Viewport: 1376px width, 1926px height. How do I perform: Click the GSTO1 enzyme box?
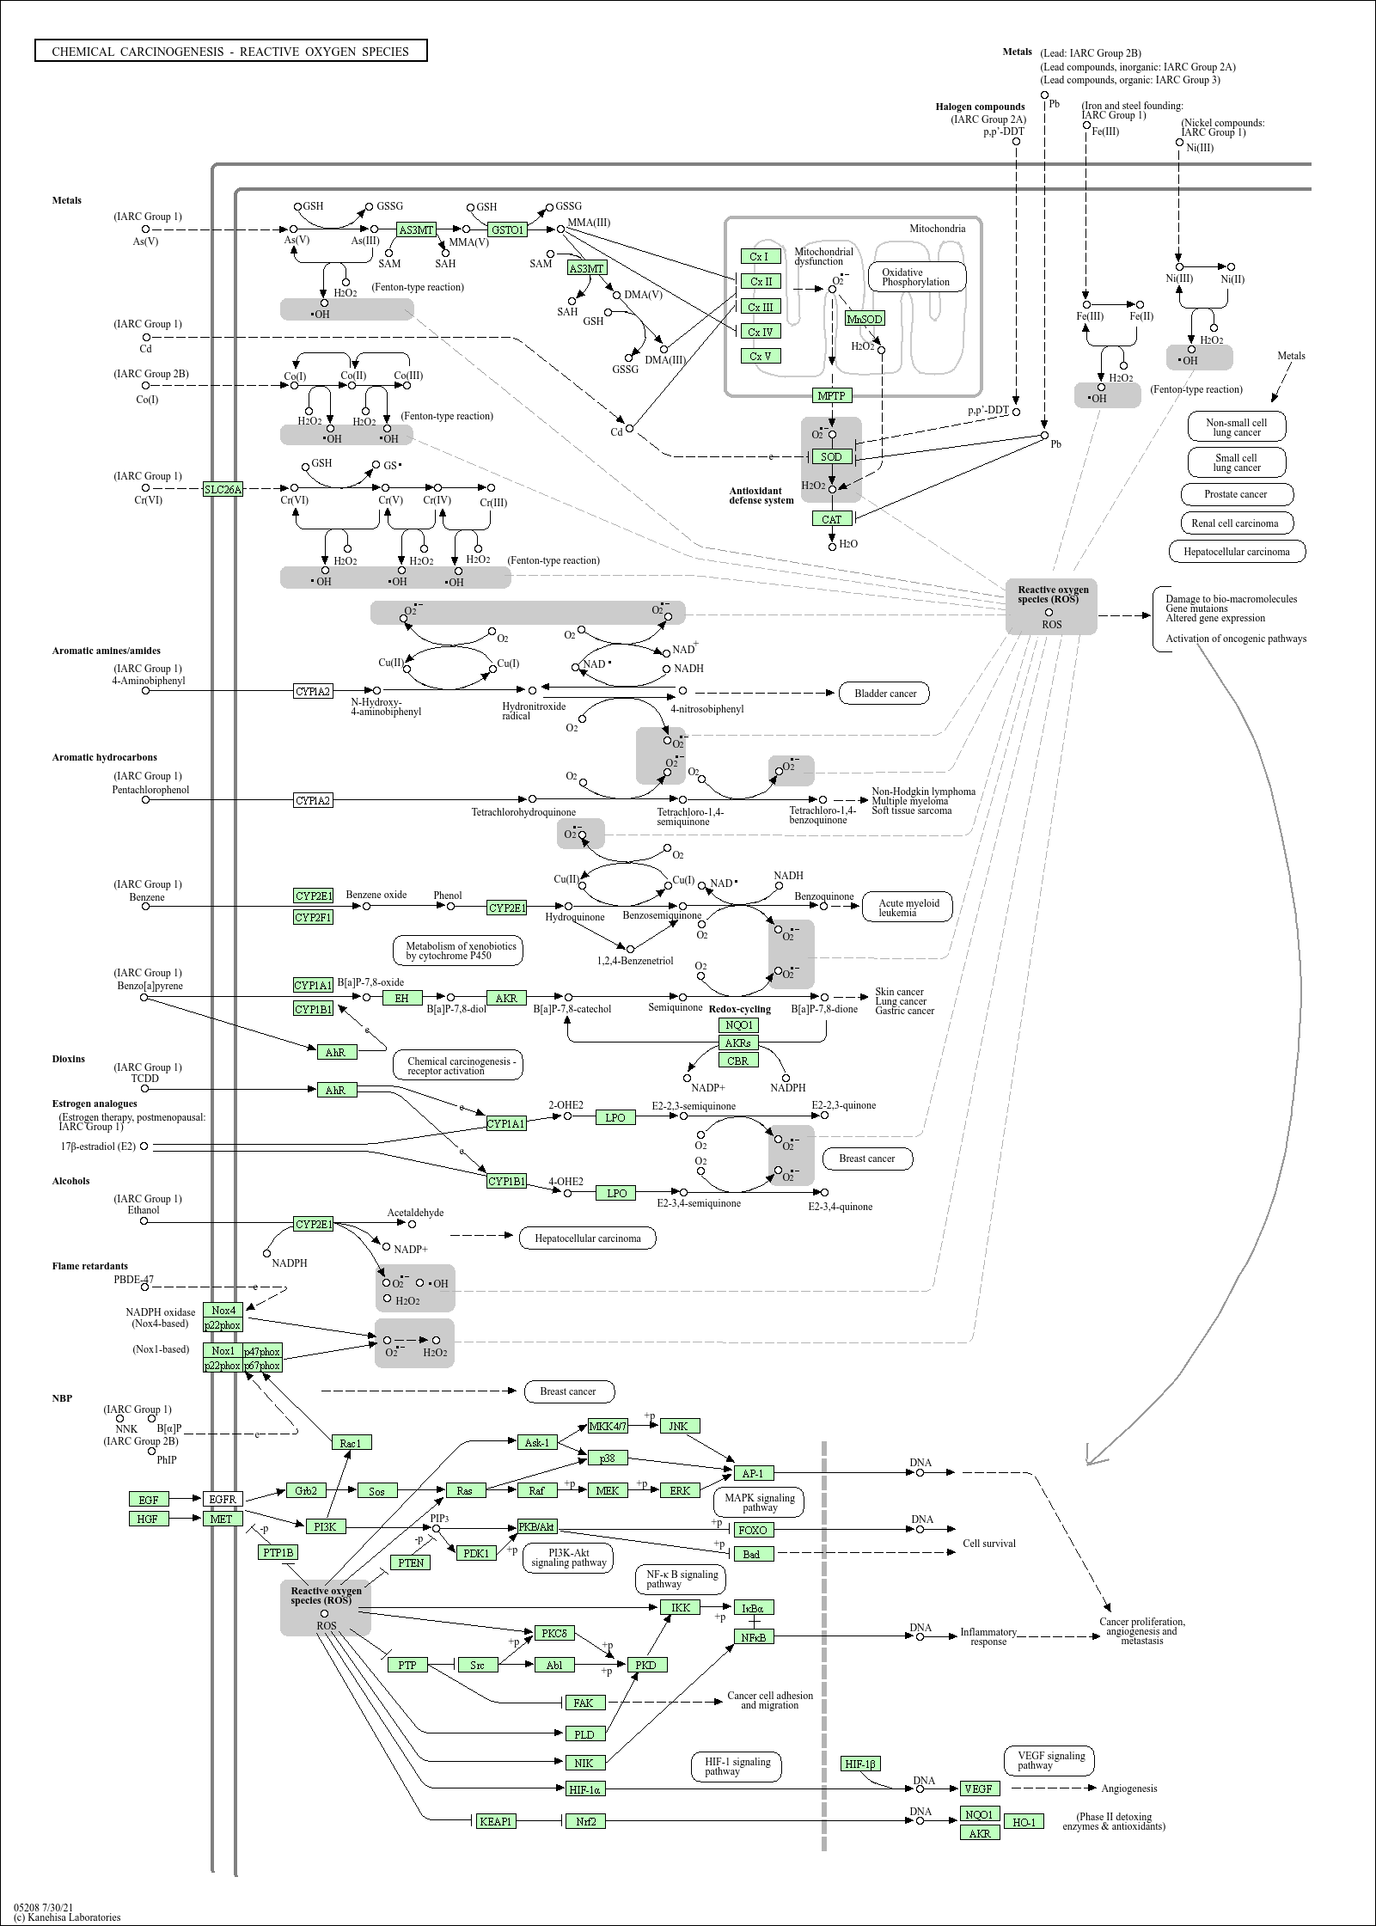coord(507,229)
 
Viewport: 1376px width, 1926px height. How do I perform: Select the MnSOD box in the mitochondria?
coord(865,319)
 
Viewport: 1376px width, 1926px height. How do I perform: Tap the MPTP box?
coord(832,395)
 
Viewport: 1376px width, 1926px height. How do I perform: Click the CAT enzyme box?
coord(832,519)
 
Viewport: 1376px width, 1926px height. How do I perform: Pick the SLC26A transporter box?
coord(223,490)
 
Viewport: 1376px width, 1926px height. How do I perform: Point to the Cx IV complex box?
coord(761,332)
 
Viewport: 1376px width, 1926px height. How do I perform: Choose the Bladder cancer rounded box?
coord(884,694)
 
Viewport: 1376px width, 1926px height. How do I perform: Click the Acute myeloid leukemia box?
coord(908,908)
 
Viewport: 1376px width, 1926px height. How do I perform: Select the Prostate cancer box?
coord(1236,494)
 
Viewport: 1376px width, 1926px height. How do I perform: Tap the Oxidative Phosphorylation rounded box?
coord(916,277)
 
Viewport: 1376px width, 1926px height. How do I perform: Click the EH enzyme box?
coord(402,998)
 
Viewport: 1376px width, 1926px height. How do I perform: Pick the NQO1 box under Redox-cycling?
coord(739,1025)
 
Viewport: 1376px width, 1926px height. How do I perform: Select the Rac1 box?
coord(351,1443)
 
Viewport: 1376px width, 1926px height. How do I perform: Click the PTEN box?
coord(411,1562)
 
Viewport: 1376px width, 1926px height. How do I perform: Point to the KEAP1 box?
coord(496,1820)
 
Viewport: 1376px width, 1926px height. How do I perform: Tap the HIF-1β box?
coord(860,1764)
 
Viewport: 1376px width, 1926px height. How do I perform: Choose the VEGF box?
coord(979,1788)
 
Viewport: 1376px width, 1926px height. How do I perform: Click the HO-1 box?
coord(1024,1821)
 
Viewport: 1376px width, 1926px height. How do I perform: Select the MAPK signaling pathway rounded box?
coord(760,1502)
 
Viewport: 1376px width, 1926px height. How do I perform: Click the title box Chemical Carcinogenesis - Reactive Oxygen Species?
coord(231,52)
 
